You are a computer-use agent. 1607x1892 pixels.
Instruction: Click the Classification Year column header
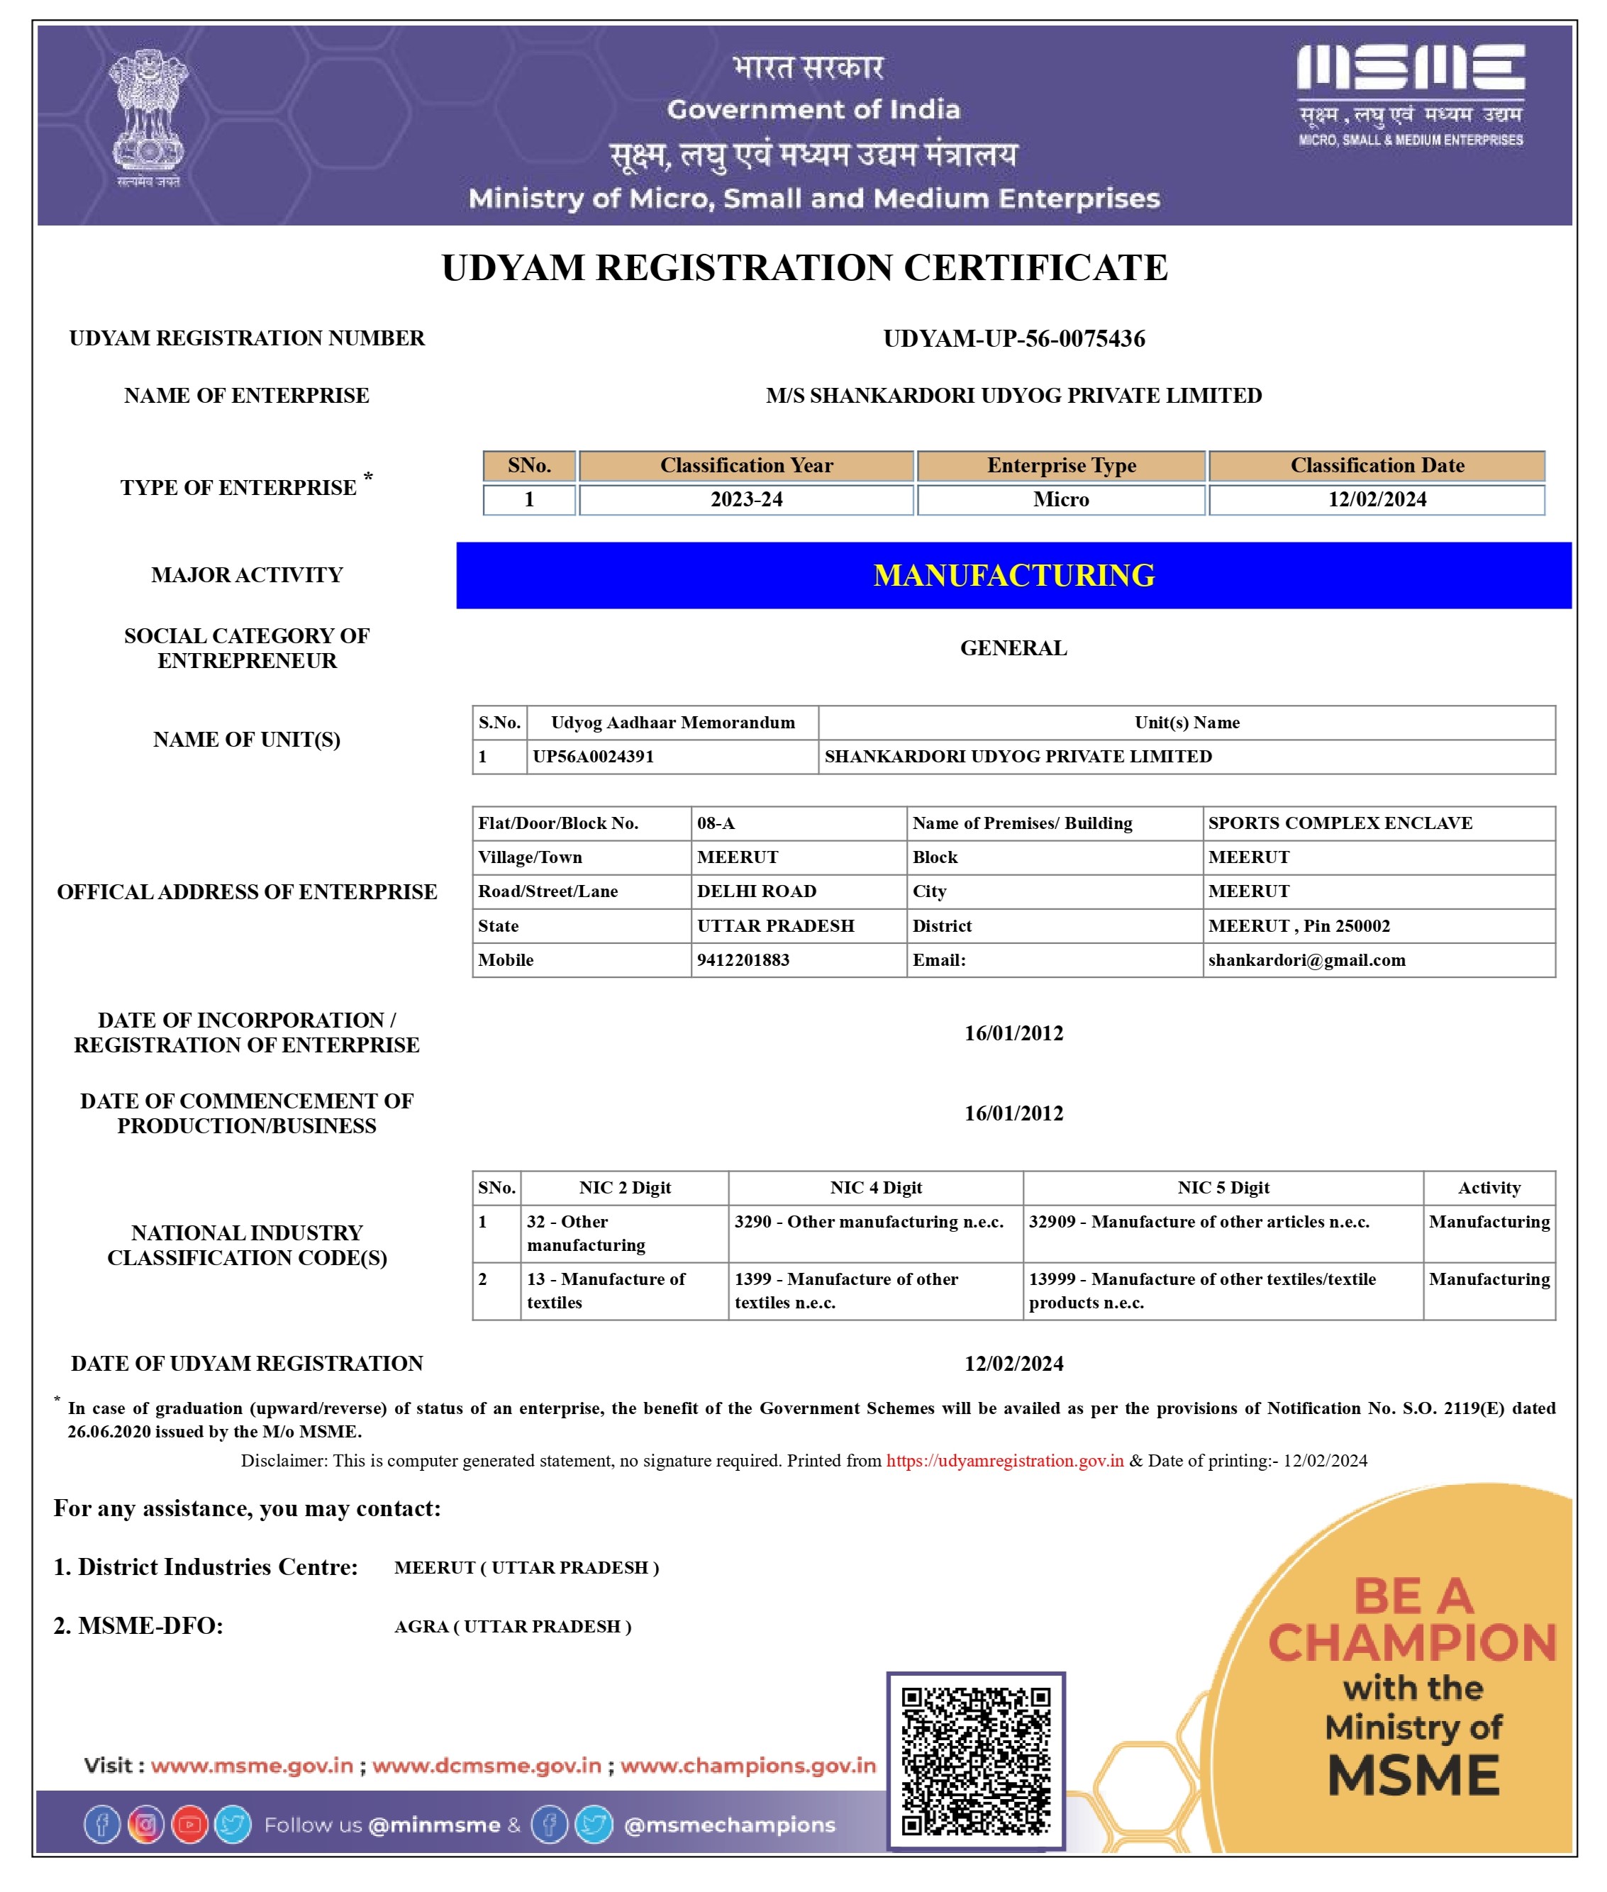(746, 465)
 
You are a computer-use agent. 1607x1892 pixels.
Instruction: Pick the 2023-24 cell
(746, 499)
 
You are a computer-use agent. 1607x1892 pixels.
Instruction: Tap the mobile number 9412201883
(743, 959)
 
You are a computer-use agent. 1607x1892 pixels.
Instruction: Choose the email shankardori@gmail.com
(1306, 959)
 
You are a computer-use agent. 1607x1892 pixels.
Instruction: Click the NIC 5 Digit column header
(1223, 1187)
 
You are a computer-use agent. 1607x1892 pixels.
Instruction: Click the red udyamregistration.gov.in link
(1004, 1460)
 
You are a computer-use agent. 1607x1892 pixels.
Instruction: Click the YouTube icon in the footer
(189, 1825)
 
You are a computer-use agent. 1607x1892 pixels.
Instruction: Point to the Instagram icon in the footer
(146, 1825)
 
